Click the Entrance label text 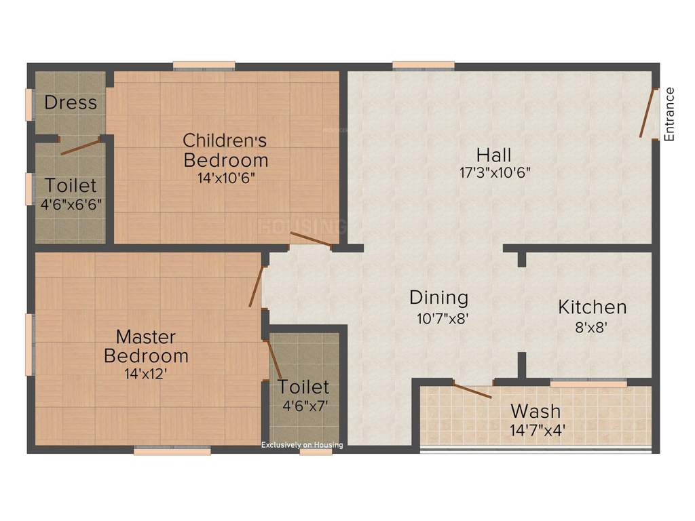[670, 114]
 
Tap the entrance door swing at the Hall [647, 113]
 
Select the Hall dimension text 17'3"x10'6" [494, 172]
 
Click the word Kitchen [592, 307]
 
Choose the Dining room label [438, 298]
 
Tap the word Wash [536, 411]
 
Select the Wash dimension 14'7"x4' [537, 429]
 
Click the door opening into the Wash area [472, 391]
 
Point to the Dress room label [71, 103]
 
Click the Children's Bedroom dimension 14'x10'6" [226, 178]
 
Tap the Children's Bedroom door [311, 239]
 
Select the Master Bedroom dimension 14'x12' [146, 374]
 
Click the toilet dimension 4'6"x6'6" [71, 204]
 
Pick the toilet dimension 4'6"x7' [304, 406]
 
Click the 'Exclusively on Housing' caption [303, 445]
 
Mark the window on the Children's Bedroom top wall [204, 66]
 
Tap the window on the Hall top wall [423, 66]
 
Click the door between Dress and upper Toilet [81, 146]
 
